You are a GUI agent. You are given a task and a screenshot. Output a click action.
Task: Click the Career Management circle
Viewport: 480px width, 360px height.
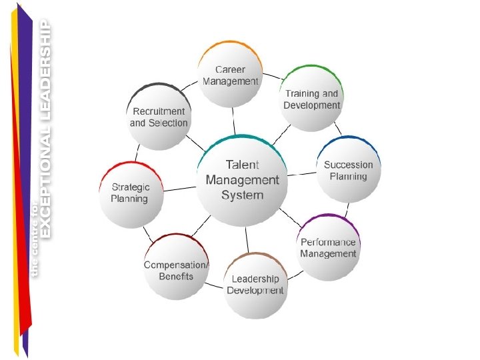pyautogui.click(x=230, y=75)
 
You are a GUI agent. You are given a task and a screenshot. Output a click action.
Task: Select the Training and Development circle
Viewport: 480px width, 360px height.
pyautogui.click(x=311, y=99)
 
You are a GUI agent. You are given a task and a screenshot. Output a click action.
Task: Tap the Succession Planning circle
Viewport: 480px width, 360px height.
pyautogui.click(x=349, y=171)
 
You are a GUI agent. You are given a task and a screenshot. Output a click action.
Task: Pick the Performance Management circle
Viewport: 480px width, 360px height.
pyautogui.click(x=328, y=247)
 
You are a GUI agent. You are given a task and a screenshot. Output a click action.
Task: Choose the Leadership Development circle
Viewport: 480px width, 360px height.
pyautogui.click(x=255, y=285)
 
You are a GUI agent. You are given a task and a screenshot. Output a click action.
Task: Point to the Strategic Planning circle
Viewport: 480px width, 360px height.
pyautogui.click(x=130, y=193)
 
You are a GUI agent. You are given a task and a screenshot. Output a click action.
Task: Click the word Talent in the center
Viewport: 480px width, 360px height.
pyautogui.click(x=242, y=165)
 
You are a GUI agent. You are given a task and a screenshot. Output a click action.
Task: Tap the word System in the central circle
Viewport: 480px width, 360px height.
pyautogui.click(x=242, y=195)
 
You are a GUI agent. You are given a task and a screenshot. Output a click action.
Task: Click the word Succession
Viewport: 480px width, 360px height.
pyautogui.click(x=349, y=165)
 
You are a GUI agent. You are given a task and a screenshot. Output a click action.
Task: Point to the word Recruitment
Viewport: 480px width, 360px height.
pyautogui.click(x=159, y=111)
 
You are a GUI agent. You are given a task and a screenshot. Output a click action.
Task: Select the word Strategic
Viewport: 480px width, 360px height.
pyautogui.click(x=130, y=187)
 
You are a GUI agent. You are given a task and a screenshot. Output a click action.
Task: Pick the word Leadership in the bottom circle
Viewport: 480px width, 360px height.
pyautogui.click(x=255, y=279)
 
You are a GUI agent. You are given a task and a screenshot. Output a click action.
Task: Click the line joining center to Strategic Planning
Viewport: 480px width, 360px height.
pyautogui.click(x=179, y=189)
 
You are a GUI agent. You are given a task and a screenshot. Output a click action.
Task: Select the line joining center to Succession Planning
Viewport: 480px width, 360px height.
pyautogui.click(x=301, y=174)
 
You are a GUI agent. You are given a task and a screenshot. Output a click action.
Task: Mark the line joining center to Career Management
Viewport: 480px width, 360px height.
pyautogui.click(x=233, y=120)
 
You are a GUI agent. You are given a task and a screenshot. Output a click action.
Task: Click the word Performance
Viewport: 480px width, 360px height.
pyautogui.click(x=328, y=242)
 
